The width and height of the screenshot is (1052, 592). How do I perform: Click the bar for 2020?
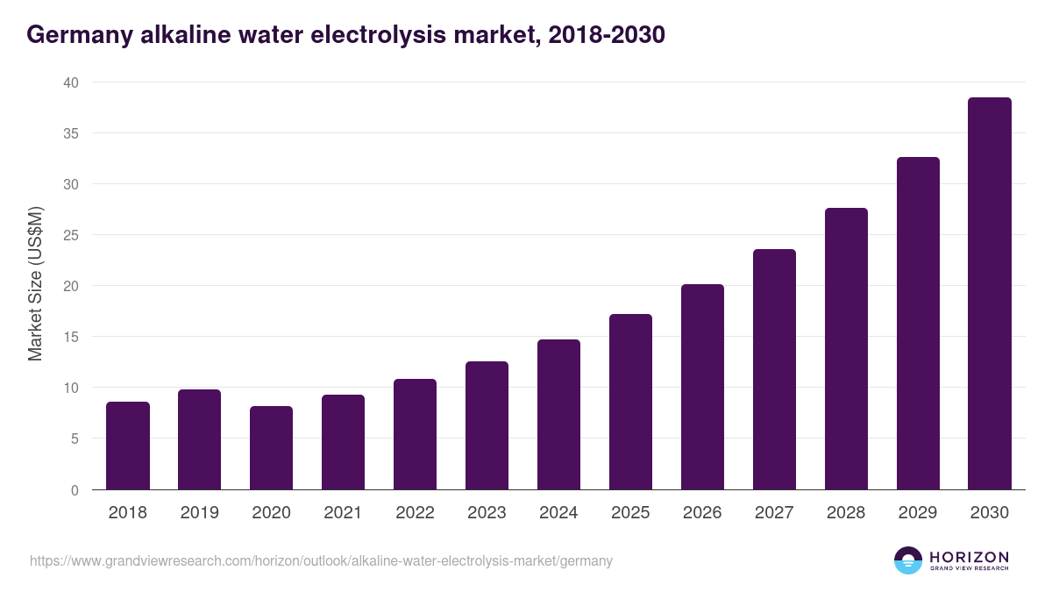click(x=272, y=448)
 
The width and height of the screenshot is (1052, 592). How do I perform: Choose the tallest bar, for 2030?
click(x=990, y=294)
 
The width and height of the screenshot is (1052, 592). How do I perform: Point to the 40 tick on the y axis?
click(x=70, y=82)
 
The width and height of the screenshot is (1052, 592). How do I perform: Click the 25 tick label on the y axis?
click(x=70, y=235)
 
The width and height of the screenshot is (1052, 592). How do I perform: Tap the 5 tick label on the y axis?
click(x=74, y=439)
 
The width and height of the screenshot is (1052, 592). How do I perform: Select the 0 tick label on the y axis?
click(x=74, y=490)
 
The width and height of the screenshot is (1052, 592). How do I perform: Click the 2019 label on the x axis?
click(x=200, y=513)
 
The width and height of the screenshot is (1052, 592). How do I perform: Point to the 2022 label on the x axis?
click(x=415, y=513)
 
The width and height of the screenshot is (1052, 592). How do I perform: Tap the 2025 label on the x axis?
click(x=630, y=513)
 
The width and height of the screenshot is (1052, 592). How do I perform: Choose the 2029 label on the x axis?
click(x=918, y=513)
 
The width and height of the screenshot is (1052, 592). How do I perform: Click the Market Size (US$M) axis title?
click(x=35, y=284)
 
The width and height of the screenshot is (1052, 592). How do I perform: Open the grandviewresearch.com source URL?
click(x=321, y=560)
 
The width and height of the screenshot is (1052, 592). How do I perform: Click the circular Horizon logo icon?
click(x=908, y=560)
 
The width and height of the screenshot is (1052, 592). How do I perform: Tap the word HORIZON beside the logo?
click(x=969, y=557)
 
